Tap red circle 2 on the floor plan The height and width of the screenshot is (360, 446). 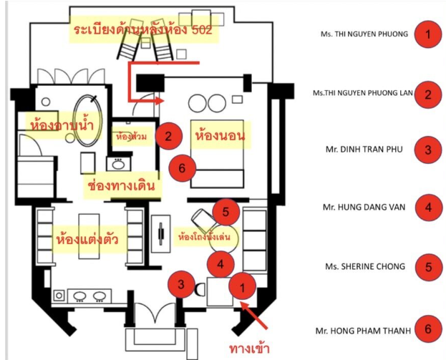click(168, 135)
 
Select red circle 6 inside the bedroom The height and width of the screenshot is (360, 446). click(181, 167)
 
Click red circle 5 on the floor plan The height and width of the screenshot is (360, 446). click(226, 212)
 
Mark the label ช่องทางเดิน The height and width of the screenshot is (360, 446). click(120, 185)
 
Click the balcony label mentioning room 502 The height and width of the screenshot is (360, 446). click(142, 32)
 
